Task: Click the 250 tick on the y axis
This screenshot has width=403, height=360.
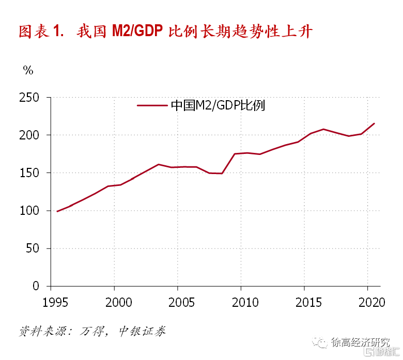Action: pyautogui.click(x=29, y=97)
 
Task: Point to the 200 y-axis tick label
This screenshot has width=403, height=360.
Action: pyautogui.click(x=29, y=135)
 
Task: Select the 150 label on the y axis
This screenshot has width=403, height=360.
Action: pyautogui.click(x=29, y=173)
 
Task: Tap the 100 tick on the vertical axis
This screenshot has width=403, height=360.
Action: pyautogui.click(x=29, y=211)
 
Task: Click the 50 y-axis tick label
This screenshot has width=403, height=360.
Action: pyautogui.click(x=33, y=248)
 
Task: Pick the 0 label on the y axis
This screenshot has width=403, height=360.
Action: pyautogui.click(x=36, y=286)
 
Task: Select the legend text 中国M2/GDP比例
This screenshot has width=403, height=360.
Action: pyautogui.click(x=218, y=105)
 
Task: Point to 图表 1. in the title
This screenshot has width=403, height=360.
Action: pyautogui.click(x=41, y=32)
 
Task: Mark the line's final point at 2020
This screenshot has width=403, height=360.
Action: pyautogui.click(x=374, y=123)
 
